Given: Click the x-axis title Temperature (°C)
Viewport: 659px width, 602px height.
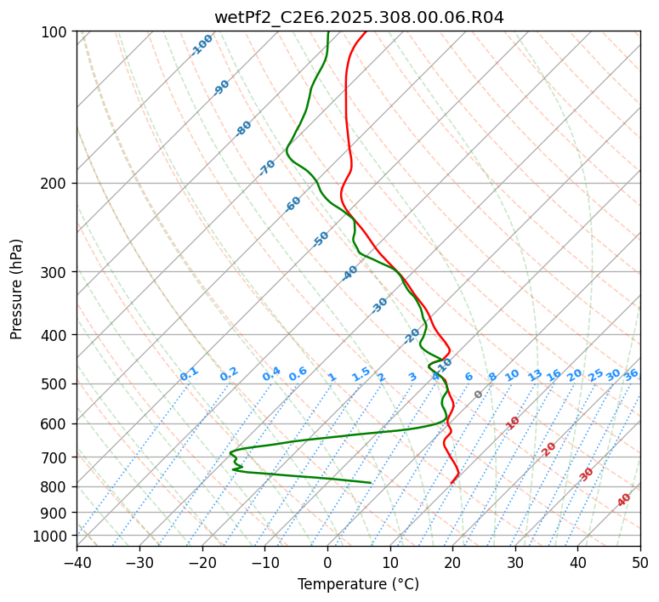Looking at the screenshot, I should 358,584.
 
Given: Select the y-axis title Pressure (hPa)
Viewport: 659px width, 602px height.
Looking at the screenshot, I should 17,289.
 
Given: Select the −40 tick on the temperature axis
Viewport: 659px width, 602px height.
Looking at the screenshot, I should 77,562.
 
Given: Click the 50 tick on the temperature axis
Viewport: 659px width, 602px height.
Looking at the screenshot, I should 640,562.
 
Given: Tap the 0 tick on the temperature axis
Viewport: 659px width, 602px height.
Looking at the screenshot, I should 327,562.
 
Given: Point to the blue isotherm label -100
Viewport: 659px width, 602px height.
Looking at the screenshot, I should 202,45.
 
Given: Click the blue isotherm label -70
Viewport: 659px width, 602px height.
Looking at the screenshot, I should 267,168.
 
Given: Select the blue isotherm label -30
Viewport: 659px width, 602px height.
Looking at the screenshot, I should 379,305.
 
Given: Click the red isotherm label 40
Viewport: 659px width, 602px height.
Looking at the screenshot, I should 624,500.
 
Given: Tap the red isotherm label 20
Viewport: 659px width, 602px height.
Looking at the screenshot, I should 549,448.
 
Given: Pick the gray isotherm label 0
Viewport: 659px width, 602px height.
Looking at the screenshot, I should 478,395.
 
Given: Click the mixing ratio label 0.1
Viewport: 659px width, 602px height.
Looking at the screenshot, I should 189,373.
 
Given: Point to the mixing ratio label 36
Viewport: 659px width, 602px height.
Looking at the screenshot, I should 631,374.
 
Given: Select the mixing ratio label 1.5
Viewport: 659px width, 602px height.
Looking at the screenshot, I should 361,373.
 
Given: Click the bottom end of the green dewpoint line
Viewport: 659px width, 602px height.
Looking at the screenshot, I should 371,483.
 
